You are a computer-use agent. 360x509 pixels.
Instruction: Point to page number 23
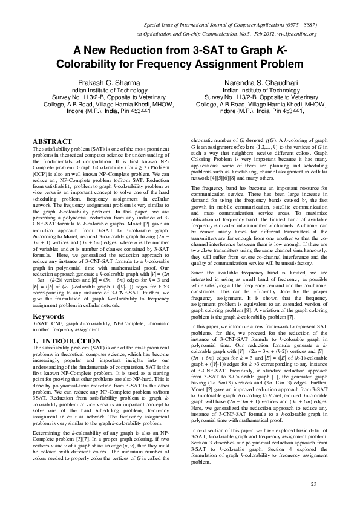pyautogui.click(x=313, y=485)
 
